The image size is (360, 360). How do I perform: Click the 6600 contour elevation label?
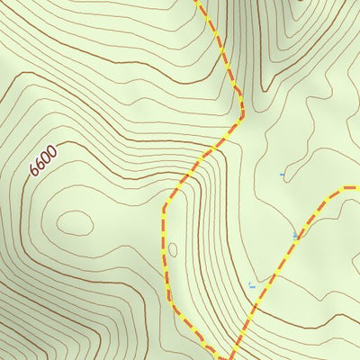pyautogui.click(x=43, y=160)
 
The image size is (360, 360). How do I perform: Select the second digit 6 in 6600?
pyautogui.click(x=40, y=163)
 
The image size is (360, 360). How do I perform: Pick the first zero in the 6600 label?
pyautogui.click(x=46, y=157)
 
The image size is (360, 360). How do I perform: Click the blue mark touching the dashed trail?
pyautogui.click(x=295, y=236)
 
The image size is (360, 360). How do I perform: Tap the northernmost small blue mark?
pyautogui.click(x=282, y=174)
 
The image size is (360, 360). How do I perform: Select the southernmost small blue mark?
pyautogui.click(x=252, y=286)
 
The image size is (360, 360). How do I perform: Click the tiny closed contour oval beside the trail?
pyautogui.click(x=173, y=248)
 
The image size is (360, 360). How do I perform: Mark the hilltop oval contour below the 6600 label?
pyautogui.click(x=74, y=221)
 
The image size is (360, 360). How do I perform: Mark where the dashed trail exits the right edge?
pyautogui.click(x=357, y=187)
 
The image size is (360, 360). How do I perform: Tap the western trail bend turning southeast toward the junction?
pyautogui.click(x=169, y=300)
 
